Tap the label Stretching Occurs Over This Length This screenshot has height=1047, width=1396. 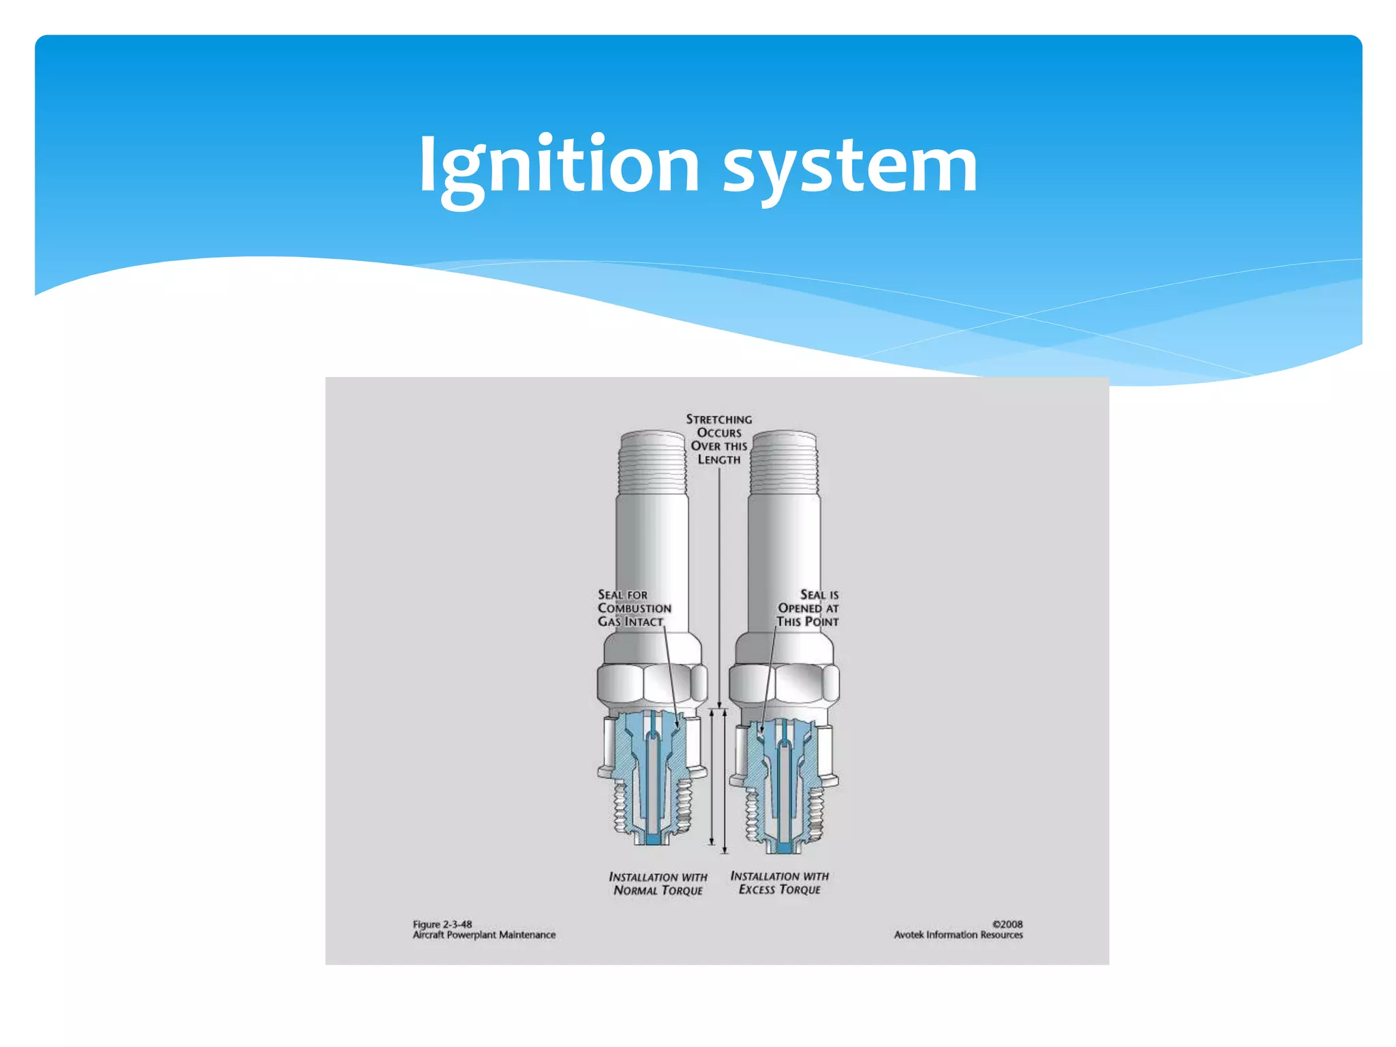tap(719, 439)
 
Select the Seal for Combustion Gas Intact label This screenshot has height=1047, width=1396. tap(633, 608)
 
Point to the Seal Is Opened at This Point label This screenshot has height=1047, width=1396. tap(808, 608)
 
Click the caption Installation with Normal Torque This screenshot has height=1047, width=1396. tap(658, 883)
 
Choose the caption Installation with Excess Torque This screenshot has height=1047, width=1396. tap(780, 883)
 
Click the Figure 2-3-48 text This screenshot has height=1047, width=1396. tap(442, 924)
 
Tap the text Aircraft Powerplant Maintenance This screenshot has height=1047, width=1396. tap(484, 935)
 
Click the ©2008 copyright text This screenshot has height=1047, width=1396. tap(1007, 924)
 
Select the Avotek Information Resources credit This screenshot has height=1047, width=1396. tap(958, 935)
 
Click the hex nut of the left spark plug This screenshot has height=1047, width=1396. tap(652, 684)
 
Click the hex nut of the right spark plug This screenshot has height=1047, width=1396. tap(784, 684)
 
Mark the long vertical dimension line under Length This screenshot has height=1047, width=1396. tap(719, 586)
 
